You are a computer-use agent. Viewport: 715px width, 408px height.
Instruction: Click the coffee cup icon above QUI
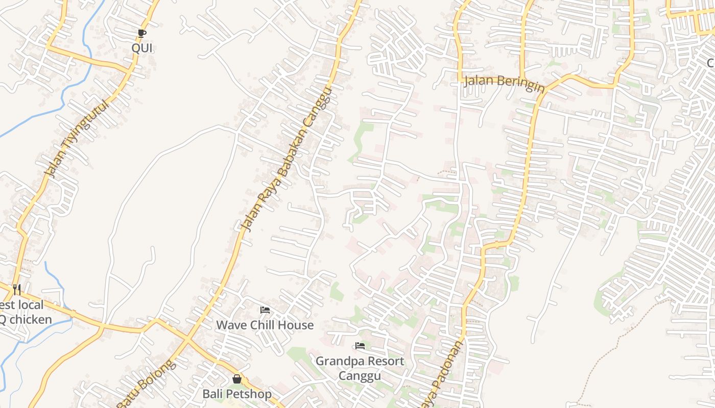coord(142,34)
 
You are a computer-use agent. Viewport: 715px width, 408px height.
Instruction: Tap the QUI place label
coord(142,48)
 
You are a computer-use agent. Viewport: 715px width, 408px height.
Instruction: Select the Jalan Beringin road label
coord(504,83)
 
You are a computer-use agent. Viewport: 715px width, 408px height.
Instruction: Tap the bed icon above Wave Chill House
coord(265,310)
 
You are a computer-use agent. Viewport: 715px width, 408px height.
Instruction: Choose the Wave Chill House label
coord(265,325)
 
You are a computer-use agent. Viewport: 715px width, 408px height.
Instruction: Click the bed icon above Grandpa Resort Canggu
coord(360,346)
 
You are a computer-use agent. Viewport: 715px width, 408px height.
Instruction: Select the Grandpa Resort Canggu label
coord(360,368)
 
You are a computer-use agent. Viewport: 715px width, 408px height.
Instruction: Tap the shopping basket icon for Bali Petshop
coord(236,378)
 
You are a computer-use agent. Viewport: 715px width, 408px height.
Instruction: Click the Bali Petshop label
coord(237,394)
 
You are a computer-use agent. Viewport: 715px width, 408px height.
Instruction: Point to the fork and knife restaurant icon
coord(17,290)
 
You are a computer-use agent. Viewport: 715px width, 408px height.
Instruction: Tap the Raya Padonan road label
coord(442,375)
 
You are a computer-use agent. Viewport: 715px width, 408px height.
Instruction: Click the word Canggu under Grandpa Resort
coord(360,376)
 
